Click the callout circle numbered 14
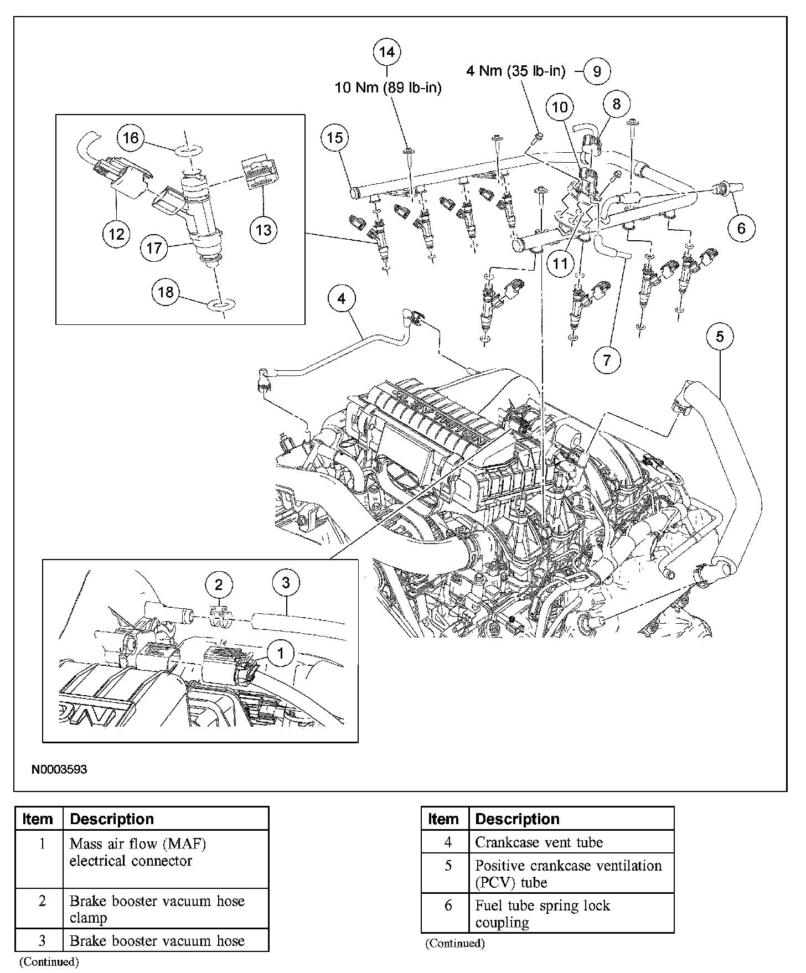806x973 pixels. [x=386, y=52]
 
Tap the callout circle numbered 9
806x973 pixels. [x=597, y=71]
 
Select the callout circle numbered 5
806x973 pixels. [x=720, y=337]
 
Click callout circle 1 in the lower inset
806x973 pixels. [x=281, y=654]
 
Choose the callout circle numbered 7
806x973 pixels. [x=607, y=360]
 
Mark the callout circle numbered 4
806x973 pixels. [x=342, y=299]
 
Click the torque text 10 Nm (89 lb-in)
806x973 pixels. [x=388, y=87]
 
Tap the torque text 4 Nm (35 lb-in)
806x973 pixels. [x=516, y=71]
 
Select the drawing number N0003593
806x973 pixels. [x=59, y=769]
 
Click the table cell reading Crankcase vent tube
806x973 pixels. [x=539, y=842]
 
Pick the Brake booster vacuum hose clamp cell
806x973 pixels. [x=157, y=909]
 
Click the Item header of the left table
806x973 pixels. [x=38, y=819]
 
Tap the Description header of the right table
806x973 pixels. [x=517, y=819]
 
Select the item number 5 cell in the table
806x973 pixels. [x=448, y=866]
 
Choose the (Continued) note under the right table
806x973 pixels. [x=454, y=943]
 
